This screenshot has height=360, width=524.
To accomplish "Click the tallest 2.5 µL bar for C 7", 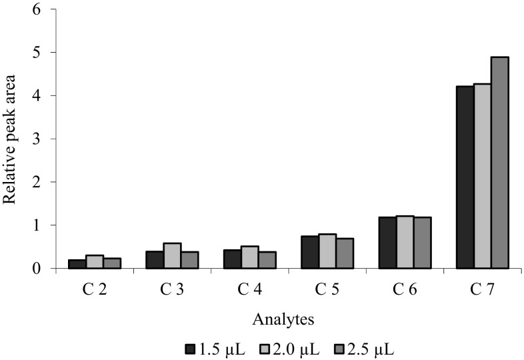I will click(x=500, y=163).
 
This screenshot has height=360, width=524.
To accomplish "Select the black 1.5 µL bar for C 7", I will click(x=465, y=177).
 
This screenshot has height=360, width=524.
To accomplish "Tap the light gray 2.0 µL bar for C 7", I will click(x=483, y=176).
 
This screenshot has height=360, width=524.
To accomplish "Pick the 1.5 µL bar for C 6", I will click(x=387, y=243).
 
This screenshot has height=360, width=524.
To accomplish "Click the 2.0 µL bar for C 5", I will click(x=327, y=251).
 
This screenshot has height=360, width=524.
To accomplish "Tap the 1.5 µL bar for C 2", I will click(x=77, y=264).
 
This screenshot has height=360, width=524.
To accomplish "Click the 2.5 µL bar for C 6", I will click(x=422, y=243).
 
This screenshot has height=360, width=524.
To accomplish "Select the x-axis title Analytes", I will click(x=288, y=319).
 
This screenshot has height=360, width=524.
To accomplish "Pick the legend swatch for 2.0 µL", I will click(x=263, y=348).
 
